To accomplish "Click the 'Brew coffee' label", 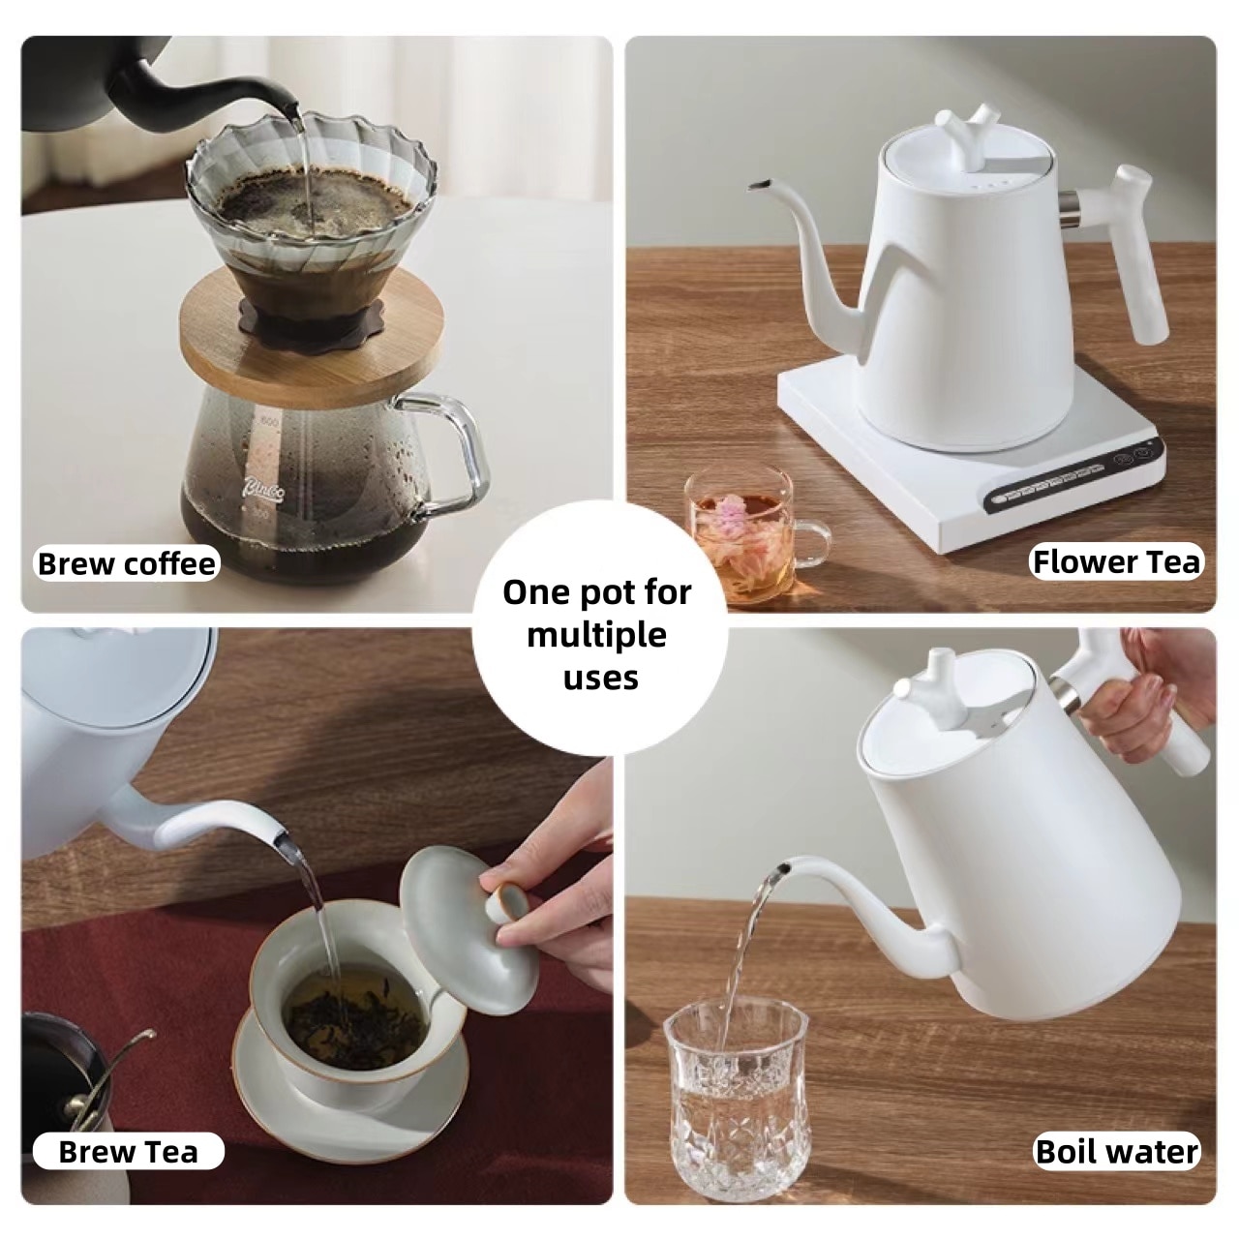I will pyautogui.click(x=126, y=563).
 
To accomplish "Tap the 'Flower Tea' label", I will pyautogui.click(x=1115, y=561).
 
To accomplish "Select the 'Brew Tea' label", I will pyautogui.click(x=128, y=1151).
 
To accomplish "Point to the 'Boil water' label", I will pyautogui.click(x=1116, y=1151).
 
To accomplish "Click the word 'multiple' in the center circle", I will pyautogui.click(x=596, y=636).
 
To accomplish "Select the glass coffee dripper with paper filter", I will pyautogui.click(x=310, y=194).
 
